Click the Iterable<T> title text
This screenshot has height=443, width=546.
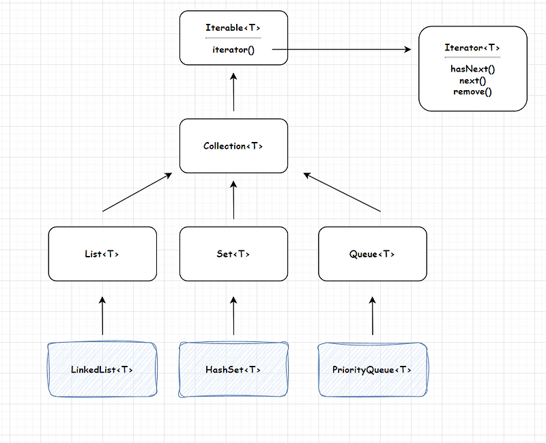point(233,28)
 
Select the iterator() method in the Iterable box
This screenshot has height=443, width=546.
point(233,49)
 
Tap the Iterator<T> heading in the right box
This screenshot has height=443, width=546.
point(472,48)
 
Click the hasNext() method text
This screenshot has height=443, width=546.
point(472,69)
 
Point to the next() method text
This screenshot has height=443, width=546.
point(472,81)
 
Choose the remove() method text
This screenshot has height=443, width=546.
point(472,91)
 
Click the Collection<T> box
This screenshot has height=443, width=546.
point(233,146)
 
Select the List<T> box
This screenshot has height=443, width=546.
point(102,254)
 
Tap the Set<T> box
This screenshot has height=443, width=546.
point(233,254)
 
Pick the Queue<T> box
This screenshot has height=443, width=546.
point(373,254)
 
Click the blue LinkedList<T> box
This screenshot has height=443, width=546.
point(102,370)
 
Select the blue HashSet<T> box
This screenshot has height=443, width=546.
point(233,370)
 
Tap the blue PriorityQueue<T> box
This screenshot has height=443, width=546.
point(373,370)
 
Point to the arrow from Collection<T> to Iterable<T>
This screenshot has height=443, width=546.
point(233,93)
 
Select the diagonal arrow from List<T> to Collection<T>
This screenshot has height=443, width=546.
point(136,193)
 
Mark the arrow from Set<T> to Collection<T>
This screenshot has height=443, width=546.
point(233,200)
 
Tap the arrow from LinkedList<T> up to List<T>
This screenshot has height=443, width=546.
point(102,315)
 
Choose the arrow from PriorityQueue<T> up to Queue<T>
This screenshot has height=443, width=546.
point(373,315)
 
